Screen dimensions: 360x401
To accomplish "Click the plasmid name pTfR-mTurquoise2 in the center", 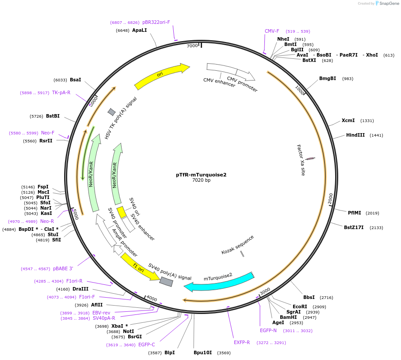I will click(x=201, y=175).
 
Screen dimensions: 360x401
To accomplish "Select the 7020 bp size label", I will click(x=201, y=180).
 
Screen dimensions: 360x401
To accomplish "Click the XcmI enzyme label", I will click(x=348, y=121).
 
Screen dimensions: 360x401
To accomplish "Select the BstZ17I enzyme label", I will click(x=354, y=228).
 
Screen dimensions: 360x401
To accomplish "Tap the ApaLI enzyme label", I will click(x=139, y=31).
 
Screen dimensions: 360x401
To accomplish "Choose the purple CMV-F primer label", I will click(x=272, y=31).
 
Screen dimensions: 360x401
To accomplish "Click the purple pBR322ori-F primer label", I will click(x=156, y=22).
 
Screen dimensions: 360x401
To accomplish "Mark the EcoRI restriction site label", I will click(x=300, y=306).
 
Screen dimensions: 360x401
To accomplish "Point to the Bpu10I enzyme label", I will click(x=202, y=353).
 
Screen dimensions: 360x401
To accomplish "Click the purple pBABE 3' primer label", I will click(x=63, y=268).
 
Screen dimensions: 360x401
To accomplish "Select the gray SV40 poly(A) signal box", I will click(x=166, y=282).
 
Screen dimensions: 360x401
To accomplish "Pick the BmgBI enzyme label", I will click(x=328, y=79).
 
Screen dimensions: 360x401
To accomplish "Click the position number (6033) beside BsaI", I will click(x=60, y=80).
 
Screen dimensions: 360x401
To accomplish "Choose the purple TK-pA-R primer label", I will click(x=61, y=93).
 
